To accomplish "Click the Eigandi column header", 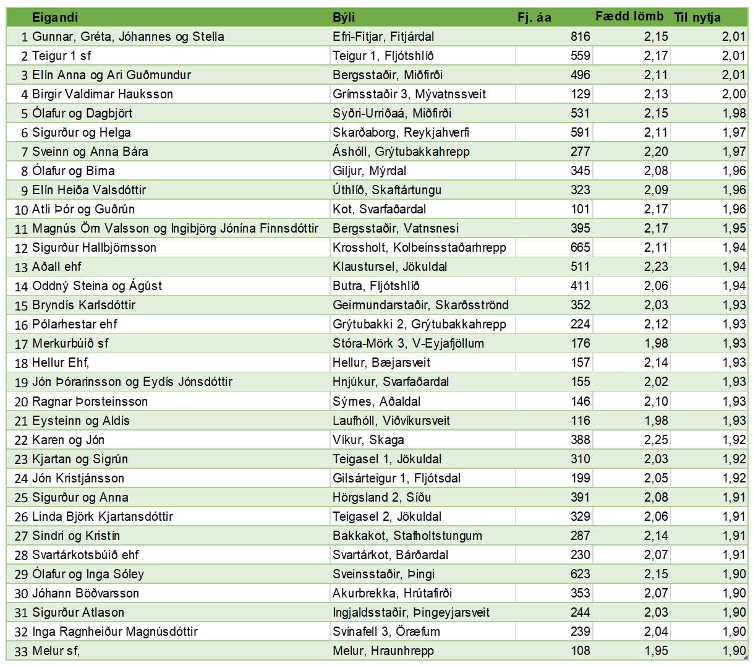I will point(55,17).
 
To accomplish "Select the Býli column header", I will point(344,17).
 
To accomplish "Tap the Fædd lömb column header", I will point(629,17).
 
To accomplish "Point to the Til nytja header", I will point(697,17).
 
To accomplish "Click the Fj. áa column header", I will point(534,17).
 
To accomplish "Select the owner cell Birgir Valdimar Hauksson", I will point(103,94).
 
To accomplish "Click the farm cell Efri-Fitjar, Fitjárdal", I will point(383,36).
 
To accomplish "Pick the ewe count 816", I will point(580,36).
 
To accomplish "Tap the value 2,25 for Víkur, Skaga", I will point(656,440).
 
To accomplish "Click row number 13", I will point(22,267).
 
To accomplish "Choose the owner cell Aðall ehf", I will point(57,267).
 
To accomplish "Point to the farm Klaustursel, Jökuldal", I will point(390,267).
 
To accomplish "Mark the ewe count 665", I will point(580,247).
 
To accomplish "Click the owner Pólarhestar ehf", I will point(75,324).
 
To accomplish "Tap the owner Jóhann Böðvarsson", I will point(85,593).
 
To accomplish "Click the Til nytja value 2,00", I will point(734,94).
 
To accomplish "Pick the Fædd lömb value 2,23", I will point(656,267).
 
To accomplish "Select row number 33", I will point(22,651).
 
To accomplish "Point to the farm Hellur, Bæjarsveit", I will point(381,362).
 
